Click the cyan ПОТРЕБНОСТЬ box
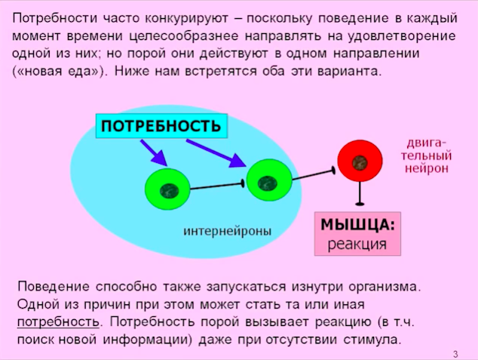click(x=161, y=126)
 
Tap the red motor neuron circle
click(x=360, y=161)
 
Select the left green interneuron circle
click(x=167, y=189)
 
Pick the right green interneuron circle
click(x=269, y=180)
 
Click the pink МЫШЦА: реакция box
click(x=357, y=234)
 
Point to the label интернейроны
click(x=227, y=231)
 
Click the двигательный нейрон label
click(x=426, y=156)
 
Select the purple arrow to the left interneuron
click(x=154, y=153)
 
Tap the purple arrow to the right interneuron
click(x=216, y=153)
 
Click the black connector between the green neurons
click(x=217, y=186)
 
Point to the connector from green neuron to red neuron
click(x=314, y=175)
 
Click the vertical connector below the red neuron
click(x=360, y=193)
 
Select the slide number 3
click(x=455, y=354)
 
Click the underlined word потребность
click(x=58, y=322)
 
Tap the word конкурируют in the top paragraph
click(x=186, y=19)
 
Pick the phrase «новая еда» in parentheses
click(x=58, y=72)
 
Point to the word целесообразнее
click(x=184, y=36)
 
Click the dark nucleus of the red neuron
click(x=360, y=162)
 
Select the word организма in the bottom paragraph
click(x=385, y=287)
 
